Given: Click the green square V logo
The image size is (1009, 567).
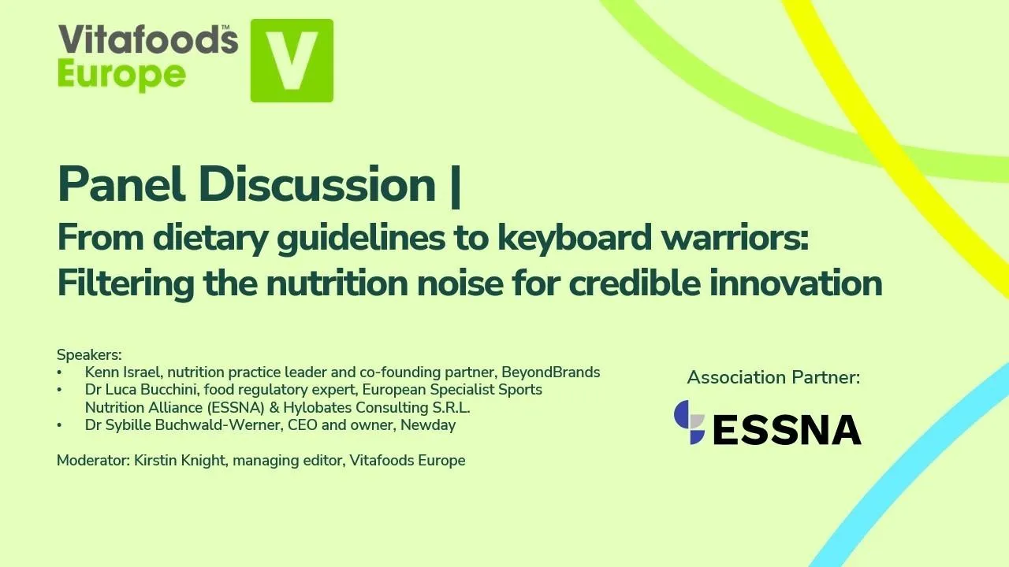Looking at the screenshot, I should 292,61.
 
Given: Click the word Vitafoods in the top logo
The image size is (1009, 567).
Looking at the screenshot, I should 147,40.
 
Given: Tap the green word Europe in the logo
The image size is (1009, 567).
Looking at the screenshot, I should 121,76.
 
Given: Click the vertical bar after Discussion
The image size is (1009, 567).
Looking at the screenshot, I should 455,185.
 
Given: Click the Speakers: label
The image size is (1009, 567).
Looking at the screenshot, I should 89,355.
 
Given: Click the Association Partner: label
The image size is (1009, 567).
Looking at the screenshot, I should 773,377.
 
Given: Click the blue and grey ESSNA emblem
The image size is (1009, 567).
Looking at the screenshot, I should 690,423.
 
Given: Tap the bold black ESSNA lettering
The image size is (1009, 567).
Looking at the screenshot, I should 787,429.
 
